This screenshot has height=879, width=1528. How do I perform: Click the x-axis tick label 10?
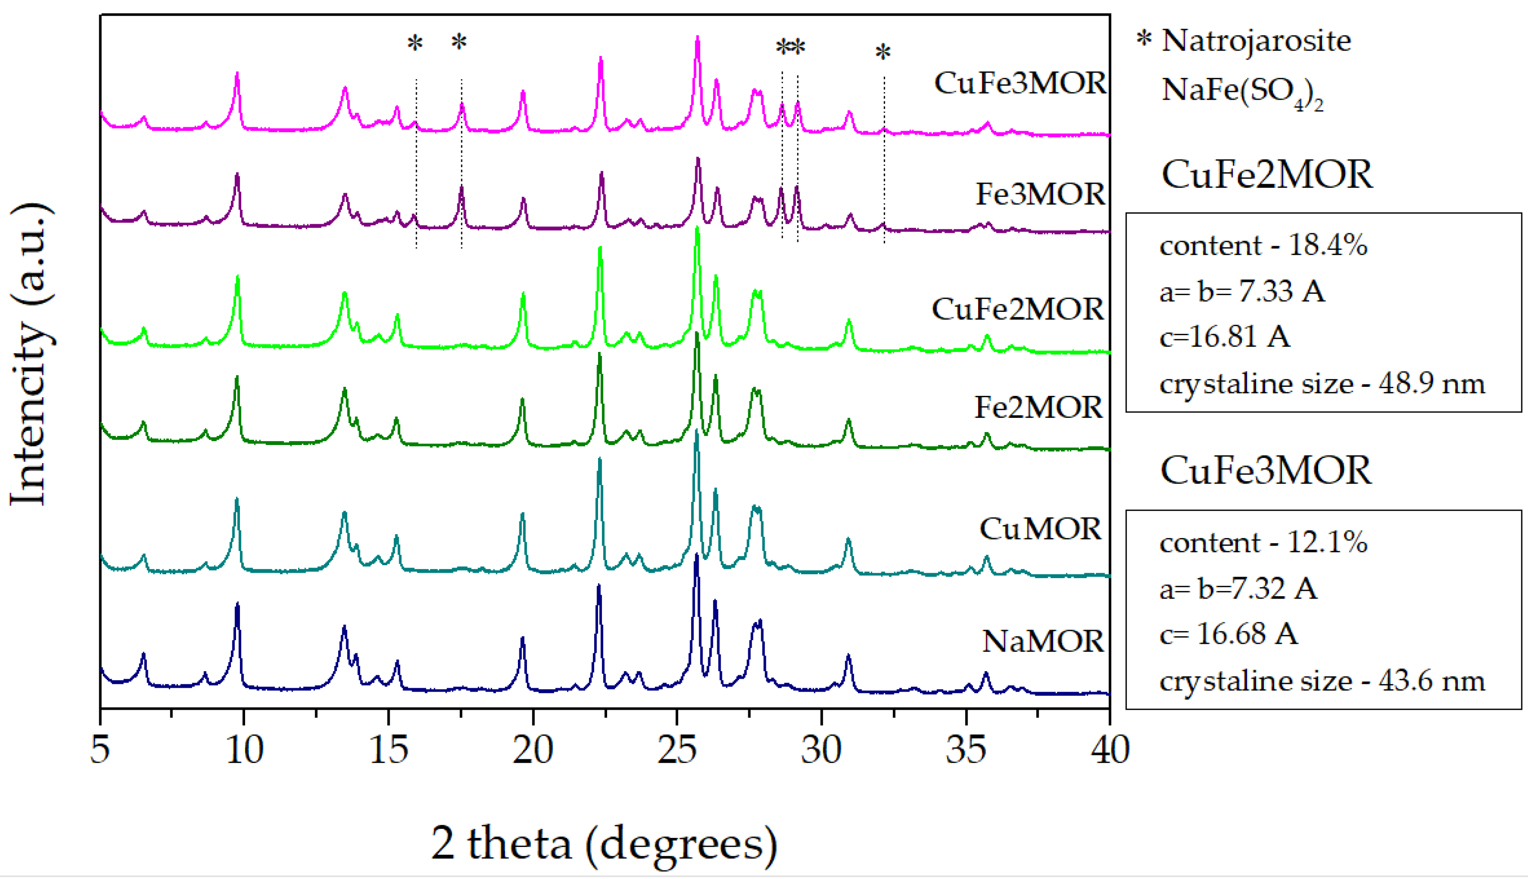tap(244, 750)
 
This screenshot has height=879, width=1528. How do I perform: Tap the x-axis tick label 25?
tap(677, 750)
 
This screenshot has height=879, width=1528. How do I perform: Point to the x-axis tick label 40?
tap(1110, 750)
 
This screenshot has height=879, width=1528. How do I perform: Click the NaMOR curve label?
tap(1043, 641)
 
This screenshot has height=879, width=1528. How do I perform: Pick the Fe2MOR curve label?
tap(1038, 407)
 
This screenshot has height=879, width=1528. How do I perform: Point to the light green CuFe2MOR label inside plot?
tap(1017, 309)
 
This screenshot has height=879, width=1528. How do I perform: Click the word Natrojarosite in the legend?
tap(1255, 41)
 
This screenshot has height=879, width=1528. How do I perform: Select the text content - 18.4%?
tap(1263, 246)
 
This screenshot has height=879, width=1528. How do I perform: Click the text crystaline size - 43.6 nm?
tap(1322, 682)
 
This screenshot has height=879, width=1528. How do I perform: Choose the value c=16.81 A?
tap(1225, 337)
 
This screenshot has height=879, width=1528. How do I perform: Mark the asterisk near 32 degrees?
tap(883, 53)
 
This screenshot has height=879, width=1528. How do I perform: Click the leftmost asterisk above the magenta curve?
tap(414, 44)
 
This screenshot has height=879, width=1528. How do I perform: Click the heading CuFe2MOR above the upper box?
tap(1266, 175)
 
